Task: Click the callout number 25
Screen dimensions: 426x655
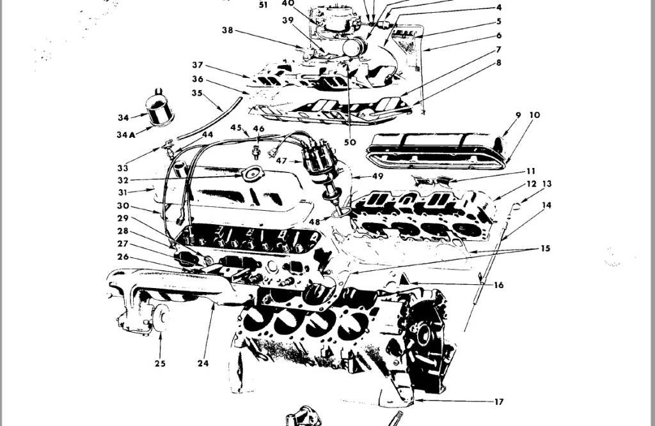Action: tap(160, 363)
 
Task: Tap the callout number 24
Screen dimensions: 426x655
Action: tap(203, 363)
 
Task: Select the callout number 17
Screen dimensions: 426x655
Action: tap(499, 402)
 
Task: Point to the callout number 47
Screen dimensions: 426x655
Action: tap(281, 161)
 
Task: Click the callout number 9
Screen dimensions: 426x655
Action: tap(518, 116)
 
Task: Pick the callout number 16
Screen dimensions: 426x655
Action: tap(498, 285)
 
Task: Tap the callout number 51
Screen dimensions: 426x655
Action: tap(264, 4)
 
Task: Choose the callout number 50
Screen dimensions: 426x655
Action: tap(349, 142)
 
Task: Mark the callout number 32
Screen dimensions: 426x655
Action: tap(123, 180)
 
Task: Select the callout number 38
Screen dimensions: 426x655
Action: tap(227, 30)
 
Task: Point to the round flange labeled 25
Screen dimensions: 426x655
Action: tap(160, 318)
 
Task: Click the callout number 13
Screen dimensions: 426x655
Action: tap(546, 184)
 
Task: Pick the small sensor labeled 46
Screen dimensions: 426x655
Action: tap(257, 152)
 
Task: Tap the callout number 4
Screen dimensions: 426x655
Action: tap(498, 8)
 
